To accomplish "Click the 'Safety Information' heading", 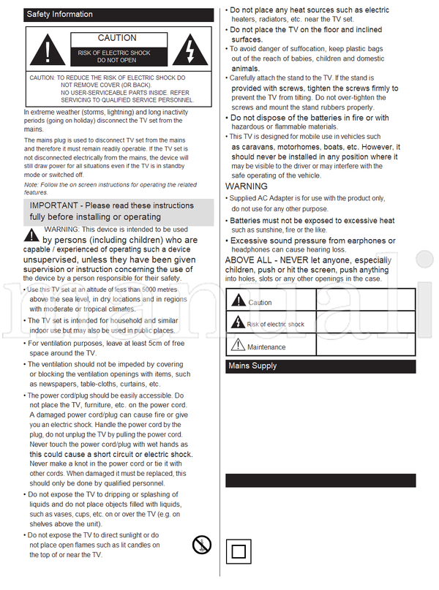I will (x=59, y=14).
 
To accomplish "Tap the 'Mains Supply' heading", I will (x=252, y=366).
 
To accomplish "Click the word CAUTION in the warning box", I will (x=117, y=38).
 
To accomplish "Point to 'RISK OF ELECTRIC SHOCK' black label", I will (x=114, y=56).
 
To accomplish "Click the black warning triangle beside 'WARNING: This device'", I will (x=31, y=235).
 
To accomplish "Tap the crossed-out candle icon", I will (x=201, y=544).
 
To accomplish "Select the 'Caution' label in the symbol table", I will (x=260, y=303).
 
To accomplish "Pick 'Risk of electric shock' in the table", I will (x=275, y=324).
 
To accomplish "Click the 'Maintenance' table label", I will (x=266, y=347).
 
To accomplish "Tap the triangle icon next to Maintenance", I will (x=238, y=345).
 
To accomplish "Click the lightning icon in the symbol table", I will (x=238, y=322).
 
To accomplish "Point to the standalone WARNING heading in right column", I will (x=247, y=187).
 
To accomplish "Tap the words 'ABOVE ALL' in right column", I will (x=249, y=260).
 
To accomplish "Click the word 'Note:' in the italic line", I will (x=32, y=185).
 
